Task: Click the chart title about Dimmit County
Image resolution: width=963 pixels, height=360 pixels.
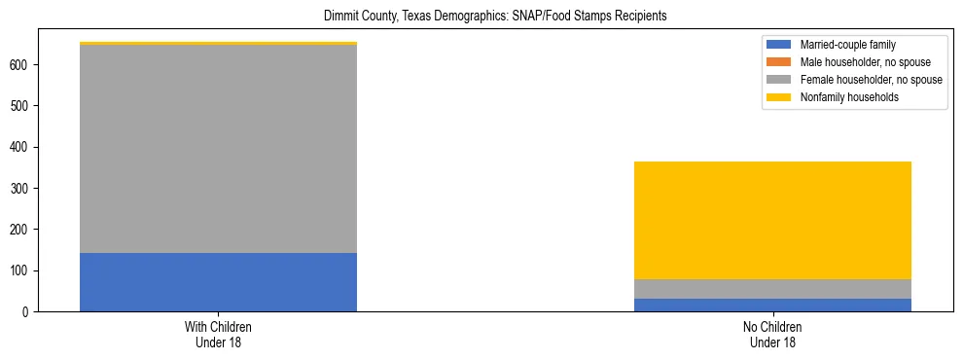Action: [x=481, y=17]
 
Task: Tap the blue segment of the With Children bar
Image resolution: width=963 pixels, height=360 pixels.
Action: [x=218, y=282]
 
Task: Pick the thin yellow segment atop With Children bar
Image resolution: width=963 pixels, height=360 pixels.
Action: [x=218, y=43]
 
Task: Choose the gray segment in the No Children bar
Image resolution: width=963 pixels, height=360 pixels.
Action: [x=772, y=289]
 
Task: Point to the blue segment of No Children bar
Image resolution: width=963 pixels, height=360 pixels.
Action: [x=772, y=305]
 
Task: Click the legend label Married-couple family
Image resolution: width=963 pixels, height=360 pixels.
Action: [x=847, y=45]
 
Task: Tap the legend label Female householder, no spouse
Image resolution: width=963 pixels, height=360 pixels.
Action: [x=871, y=80]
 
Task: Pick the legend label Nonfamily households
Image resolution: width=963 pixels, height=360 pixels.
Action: [x=843, y=97]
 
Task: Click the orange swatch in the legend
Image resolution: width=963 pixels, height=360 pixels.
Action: [x=779, y=62]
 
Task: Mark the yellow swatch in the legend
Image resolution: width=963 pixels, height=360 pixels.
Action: [x=779, y=97]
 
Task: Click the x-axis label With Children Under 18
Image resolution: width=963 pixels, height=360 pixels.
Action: [x=218, y=334]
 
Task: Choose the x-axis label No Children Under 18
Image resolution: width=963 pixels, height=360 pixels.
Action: [x=772, y=334]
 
